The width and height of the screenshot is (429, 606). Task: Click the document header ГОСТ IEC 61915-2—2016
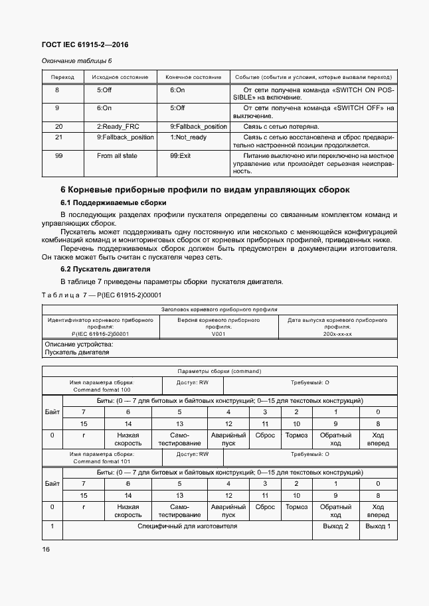pyautogui.click(x=84, y=45)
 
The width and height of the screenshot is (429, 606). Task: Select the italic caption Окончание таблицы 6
pyautogui.click(x=76, y=62)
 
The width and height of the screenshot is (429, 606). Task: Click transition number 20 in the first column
pyautogui.click(x=58, y=126)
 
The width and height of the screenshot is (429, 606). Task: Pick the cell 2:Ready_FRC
pyautogui.click(x=119, y=126)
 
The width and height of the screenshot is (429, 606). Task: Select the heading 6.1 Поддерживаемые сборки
pyautogui.click(x=113, y=202)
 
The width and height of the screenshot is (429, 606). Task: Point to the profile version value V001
pyautogui.click(x=218, y=334)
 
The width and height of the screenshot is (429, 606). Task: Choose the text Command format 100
pyautogui.click(x=102, y=390)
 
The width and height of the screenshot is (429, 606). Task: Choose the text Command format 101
pyautogui.click(x=102, y=461)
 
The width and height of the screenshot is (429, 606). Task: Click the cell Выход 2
pyautogui.click(x=335, y=526)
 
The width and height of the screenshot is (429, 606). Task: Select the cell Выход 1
pyautogui.click(x=378, y=526)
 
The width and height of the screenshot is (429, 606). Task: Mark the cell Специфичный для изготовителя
pyautogui.click(x=187, y=526)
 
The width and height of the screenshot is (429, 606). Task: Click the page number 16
pyautogui.click(x=46, y=550)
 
